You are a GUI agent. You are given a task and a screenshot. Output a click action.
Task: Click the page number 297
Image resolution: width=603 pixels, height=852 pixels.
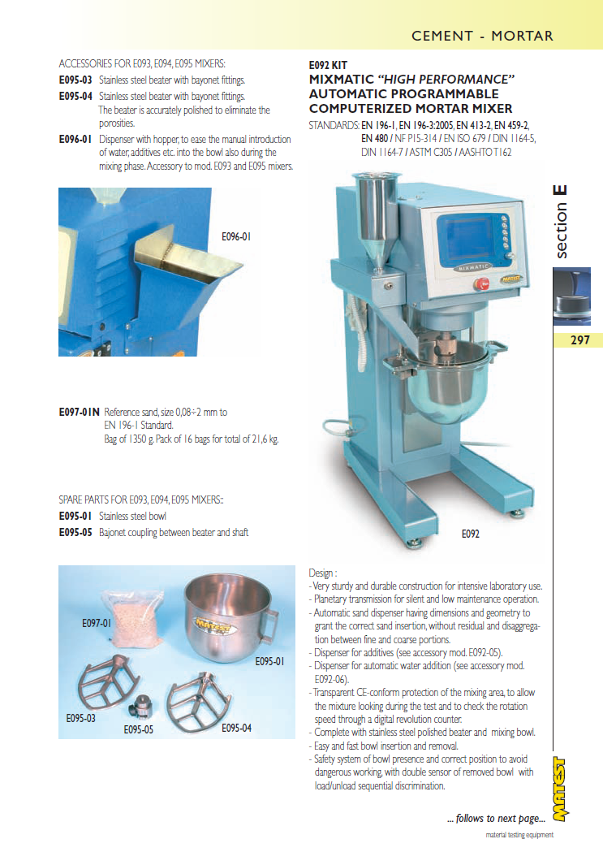coord(579,340)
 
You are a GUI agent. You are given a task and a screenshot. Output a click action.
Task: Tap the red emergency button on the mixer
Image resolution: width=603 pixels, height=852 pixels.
coord(481,284)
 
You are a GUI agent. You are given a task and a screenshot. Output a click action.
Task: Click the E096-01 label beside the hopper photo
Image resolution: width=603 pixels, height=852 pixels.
coord(236,237)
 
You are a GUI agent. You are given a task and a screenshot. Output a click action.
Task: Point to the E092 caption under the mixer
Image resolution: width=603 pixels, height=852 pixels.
coord(471,534)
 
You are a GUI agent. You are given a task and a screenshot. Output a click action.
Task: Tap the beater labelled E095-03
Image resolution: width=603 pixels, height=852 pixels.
coord(109,685)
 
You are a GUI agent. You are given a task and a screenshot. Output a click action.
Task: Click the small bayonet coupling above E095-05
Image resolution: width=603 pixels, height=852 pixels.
coord(141,707)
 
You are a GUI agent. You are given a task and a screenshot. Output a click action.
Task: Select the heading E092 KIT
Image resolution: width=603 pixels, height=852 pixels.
coord(328,65)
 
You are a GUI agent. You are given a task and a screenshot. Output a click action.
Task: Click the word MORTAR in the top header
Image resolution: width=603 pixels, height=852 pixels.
coord(522,37)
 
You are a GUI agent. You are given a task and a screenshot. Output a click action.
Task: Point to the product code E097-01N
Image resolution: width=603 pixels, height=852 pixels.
coord(80,413)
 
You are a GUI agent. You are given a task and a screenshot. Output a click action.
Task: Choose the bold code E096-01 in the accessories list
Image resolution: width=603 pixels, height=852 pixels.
coord(75,140)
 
